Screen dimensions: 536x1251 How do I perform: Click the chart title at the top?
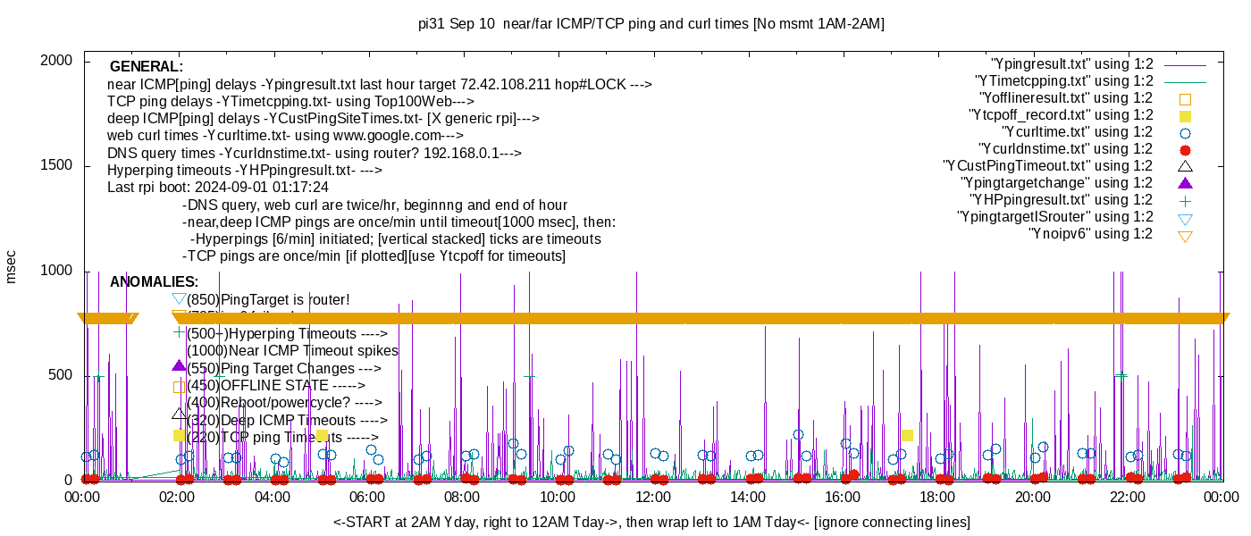[651, 24]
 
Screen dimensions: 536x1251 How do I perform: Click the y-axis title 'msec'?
[12, 265]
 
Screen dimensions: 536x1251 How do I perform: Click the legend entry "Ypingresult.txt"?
[1072, 64]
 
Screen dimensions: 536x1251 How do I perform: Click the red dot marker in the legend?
[1185, 150]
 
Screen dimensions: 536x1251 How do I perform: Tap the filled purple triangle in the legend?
[1185, 183]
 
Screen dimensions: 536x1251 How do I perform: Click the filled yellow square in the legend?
[1185, 116]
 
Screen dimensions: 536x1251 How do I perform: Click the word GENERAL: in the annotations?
[147, 67]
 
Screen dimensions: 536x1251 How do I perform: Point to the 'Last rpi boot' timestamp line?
[218, 188]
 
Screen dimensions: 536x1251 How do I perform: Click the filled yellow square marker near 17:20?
[907, 435]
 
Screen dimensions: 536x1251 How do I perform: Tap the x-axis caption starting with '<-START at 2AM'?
[651, 522]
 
